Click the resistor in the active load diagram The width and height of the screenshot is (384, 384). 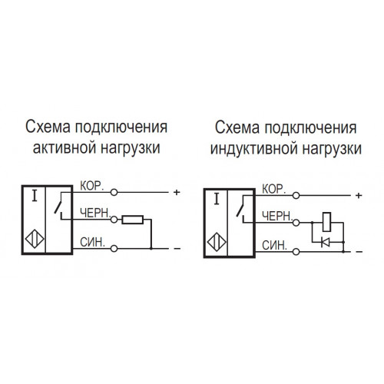coord(132,220)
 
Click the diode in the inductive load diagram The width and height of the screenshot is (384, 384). coord(326,242)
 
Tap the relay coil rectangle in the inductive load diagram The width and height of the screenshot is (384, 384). coord(326,222)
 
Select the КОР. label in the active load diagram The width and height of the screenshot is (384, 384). coord(92,186)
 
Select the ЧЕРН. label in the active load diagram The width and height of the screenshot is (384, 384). coord(95,214)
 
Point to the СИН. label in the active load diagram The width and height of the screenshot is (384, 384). coord(93,242)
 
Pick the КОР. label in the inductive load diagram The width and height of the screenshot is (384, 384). coord(273,190)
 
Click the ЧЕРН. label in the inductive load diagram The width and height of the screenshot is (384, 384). coord(277,217)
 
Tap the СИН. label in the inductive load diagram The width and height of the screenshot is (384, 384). coord(274,246)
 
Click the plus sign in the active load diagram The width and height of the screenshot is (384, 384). coord(177,192)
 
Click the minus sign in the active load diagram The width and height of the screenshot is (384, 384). coord(177,249)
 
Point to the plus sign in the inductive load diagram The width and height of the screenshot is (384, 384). coord(359,196)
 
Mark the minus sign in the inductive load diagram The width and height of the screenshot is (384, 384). coord(359,252)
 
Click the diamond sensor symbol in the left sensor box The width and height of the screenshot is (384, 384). coord(35,240)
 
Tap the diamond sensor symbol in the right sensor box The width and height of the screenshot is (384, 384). coord(217,242)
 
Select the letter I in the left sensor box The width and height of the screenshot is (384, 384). coord(35,197)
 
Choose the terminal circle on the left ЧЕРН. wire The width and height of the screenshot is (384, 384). coord(114,220)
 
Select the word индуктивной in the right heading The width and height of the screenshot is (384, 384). coord(253,149)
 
